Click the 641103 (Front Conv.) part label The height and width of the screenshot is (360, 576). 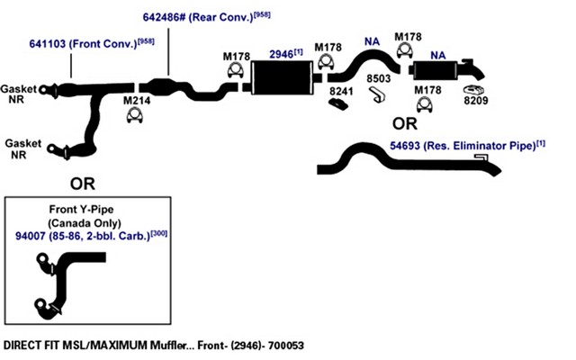coord(92,43)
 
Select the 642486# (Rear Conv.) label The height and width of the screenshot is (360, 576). coord(206,17)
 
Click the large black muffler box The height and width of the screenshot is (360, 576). coord(283,78)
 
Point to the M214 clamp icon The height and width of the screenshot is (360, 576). coord(134,115)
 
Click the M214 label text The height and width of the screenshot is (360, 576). coord(137,100)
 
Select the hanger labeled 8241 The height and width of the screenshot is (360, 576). coord(338,104)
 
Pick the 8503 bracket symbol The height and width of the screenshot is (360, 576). coord(377,94)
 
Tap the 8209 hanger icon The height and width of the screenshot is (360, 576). coord(473,90)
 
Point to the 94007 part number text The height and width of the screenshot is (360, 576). coord(30,236)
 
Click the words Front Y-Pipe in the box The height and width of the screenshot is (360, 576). coord(82,210)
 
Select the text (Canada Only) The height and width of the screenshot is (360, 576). coord(85,223)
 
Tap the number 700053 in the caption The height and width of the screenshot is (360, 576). coord(286,346)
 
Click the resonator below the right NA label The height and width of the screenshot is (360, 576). coord(436,70)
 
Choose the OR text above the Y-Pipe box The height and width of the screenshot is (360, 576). coord(83,184)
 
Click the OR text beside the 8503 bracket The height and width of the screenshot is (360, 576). coord(405,124)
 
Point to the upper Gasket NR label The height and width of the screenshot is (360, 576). coord(18,94)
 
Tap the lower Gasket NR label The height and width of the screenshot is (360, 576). coord(22,148)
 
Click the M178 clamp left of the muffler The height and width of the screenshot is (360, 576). coord(236,70)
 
